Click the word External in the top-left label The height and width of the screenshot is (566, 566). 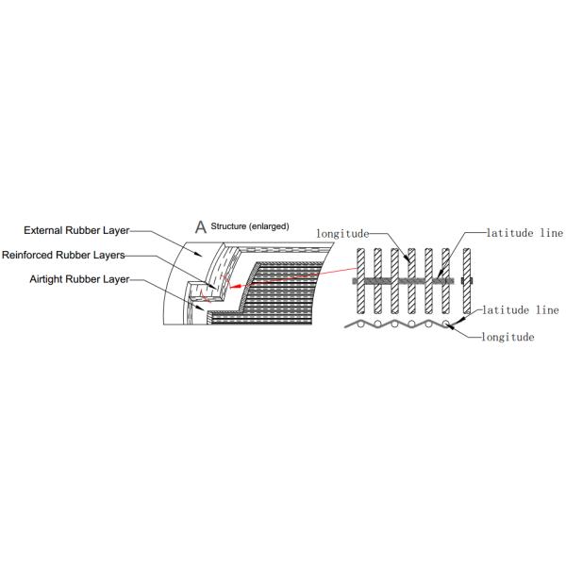pos(43,230)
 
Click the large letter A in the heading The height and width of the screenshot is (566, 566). pos(201,227)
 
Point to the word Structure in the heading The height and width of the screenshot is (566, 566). pos(228,226)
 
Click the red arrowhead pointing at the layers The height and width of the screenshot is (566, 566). pos(235,287)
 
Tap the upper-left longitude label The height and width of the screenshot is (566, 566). pos(342,234)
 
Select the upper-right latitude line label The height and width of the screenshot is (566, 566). pos(524,233)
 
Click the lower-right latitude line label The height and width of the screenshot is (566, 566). pos(521,309)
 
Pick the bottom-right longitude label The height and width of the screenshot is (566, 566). pos(508,337)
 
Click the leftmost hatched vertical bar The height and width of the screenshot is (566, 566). pos(360,281)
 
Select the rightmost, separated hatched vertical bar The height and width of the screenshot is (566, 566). pos(467,281)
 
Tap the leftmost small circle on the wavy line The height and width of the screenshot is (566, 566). pos(360,325)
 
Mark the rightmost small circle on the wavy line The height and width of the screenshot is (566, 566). pos(445,324)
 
